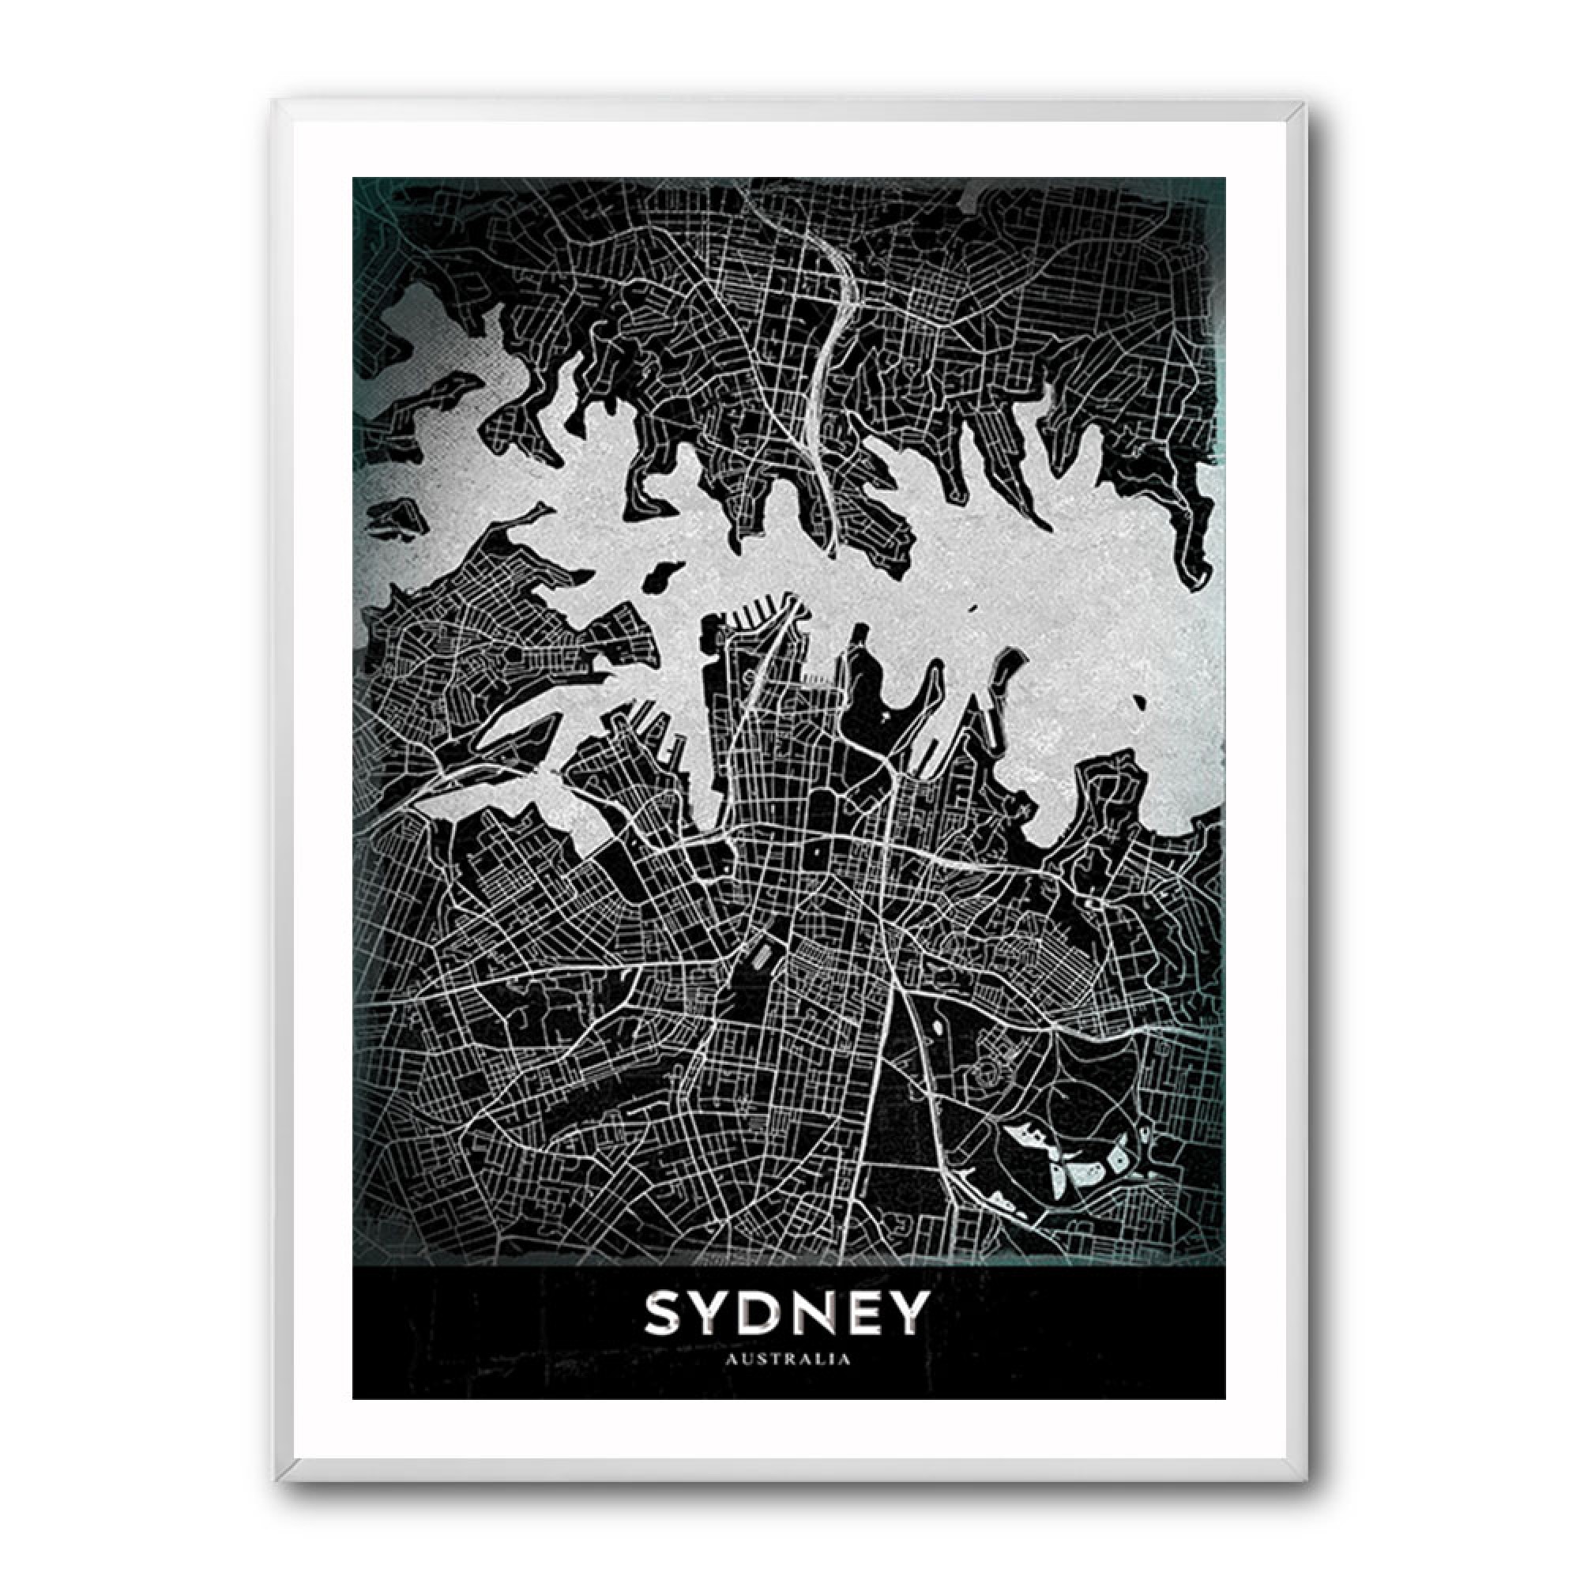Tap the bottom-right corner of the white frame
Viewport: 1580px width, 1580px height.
[x=1306, y=1478]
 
